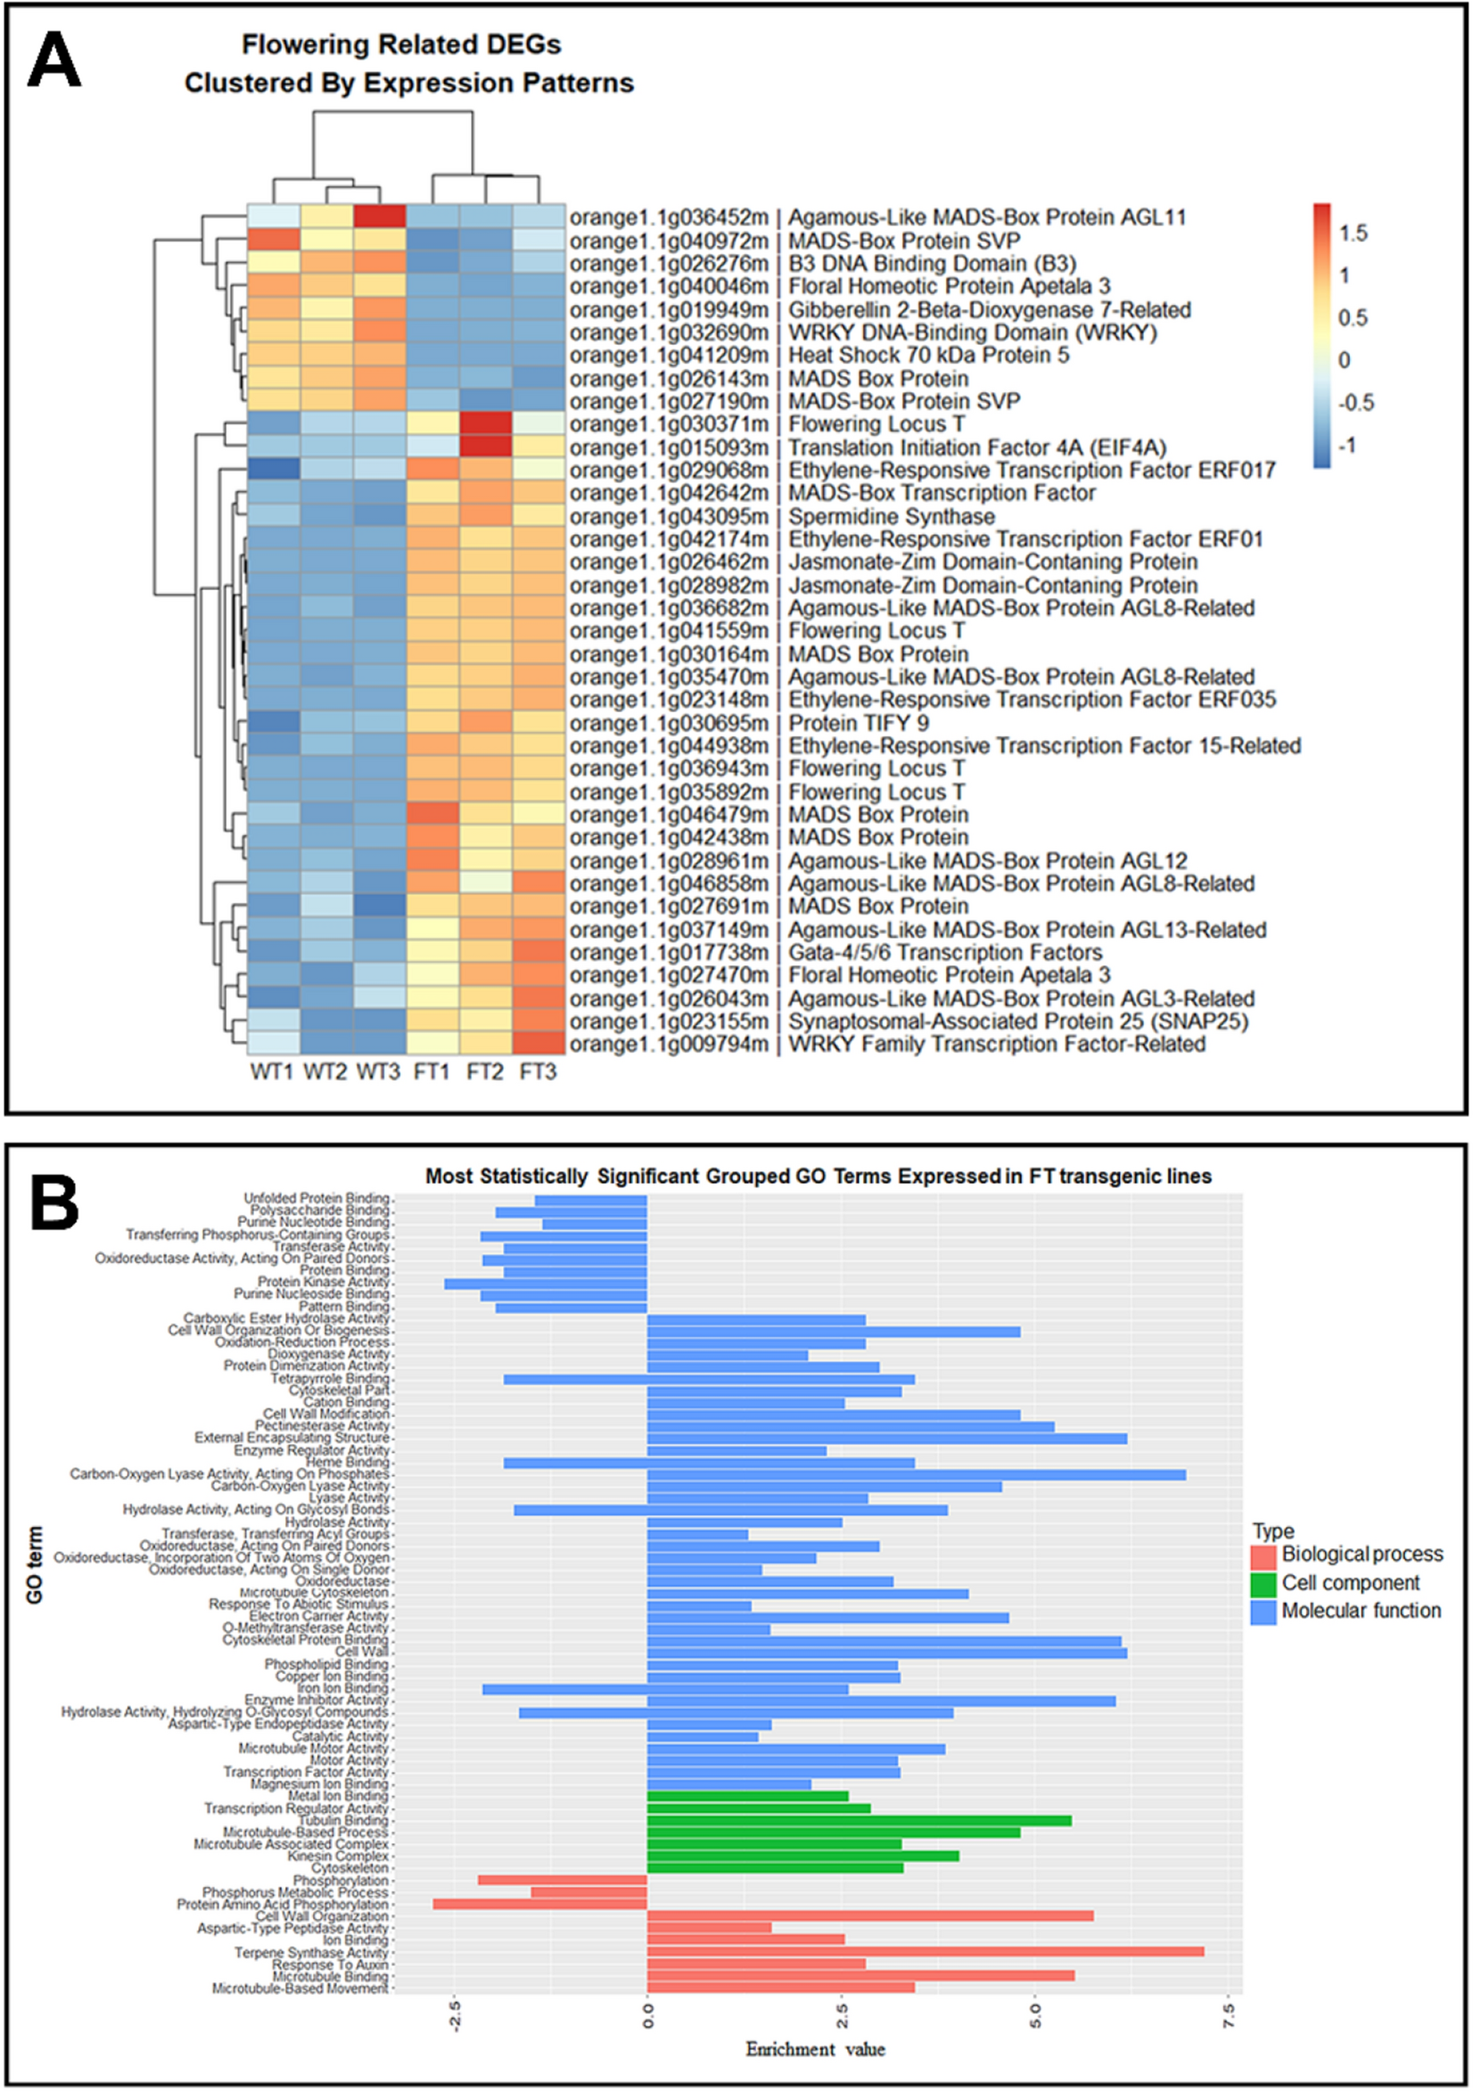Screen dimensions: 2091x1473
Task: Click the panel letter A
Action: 53,60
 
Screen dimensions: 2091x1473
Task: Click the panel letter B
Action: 53,1202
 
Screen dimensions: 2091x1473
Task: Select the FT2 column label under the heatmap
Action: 485,1072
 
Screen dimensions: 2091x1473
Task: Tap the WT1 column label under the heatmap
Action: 271,1072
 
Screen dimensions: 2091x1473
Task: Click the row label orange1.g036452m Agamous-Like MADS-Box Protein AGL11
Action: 877,217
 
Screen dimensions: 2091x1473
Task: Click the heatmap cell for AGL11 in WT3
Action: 379,217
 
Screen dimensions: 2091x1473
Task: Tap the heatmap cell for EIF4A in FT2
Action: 486,447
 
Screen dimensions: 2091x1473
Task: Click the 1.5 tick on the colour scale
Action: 1352,234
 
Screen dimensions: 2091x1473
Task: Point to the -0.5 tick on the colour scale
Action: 1354,403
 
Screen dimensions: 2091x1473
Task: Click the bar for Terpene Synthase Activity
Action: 925,1952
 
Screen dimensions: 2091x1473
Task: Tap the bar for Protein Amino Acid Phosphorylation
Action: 540,1905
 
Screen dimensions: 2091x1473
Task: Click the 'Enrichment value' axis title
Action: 815,2049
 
